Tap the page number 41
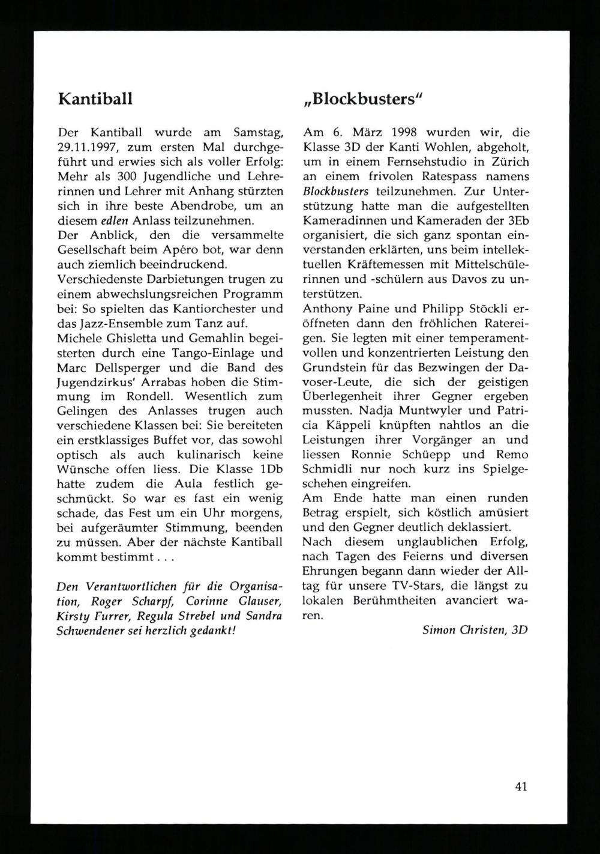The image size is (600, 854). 521,786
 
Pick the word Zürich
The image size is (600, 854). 509,162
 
